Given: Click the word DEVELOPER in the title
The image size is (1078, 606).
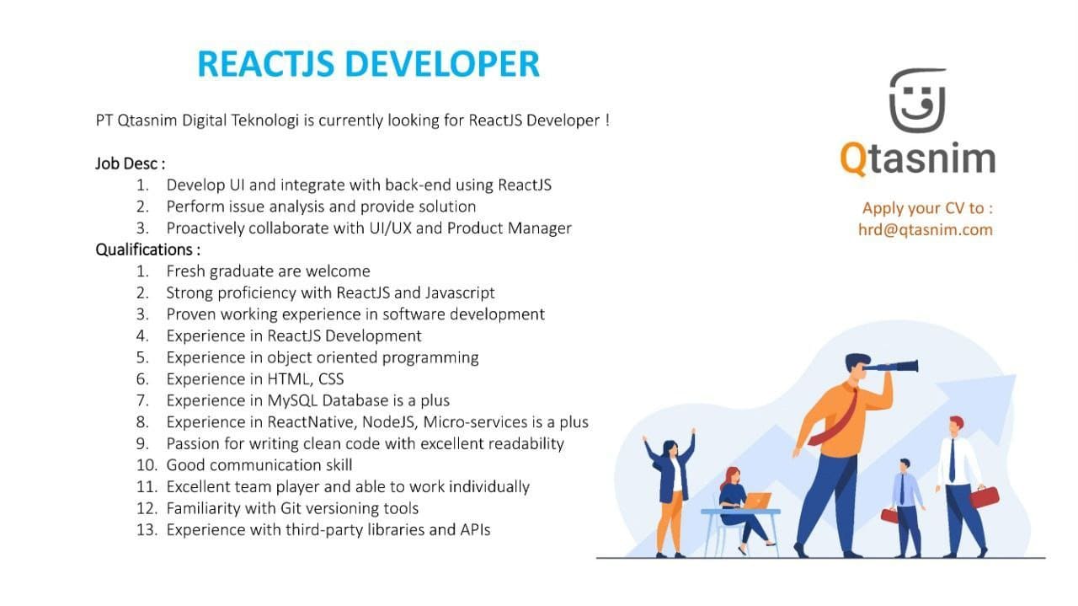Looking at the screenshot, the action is [x=442, y=63].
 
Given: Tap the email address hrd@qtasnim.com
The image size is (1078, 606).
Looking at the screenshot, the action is [x=925, y=230].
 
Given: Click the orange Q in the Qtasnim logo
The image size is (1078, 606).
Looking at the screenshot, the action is [x=853, y=158].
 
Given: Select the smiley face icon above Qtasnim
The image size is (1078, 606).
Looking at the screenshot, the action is [x=917, y=100].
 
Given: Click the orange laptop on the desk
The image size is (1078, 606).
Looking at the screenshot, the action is [x=757, y=501].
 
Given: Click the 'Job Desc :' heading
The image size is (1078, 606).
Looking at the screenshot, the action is [x=130, y=164].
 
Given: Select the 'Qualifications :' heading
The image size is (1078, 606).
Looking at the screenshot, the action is [x=147, y=249].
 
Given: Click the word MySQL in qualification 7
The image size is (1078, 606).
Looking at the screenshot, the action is [x=294, y=401].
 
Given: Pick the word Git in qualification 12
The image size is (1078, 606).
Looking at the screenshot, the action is [x=291, y=508].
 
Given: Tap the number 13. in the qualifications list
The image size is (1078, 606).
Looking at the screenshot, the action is [x=147, y=530].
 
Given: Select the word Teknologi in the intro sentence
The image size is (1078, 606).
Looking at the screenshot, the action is [x=265, y=121].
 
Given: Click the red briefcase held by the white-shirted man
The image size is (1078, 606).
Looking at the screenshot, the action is [x=985, y=497].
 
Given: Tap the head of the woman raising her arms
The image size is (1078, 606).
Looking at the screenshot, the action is [x=670, y=449].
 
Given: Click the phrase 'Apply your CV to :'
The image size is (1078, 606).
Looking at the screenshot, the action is [x=927, y=208].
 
